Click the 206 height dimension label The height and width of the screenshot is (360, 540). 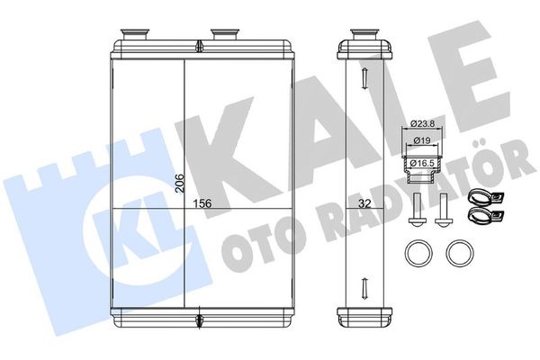tap(179, 183)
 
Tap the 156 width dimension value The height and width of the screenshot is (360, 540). tap(202, 203)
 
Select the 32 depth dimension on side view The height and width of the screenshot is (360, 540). tap(364, 204)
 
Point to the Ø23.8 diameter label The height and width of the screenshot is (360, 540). tap(422, 123)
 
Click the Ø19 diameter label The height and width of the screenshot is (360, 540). tap(422, 140)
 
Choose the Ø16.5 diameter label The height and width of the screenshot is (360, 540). tap(423, 163)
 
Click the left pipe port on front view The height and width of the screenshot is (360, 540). tap(135, 35)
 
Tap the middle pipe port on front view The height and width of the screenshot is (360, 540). tap(225, 35)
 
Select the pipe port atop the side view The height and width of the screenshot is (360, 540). tap(365, 35)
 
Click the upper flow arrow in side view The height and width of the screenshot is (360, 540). tap(364, 78)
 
